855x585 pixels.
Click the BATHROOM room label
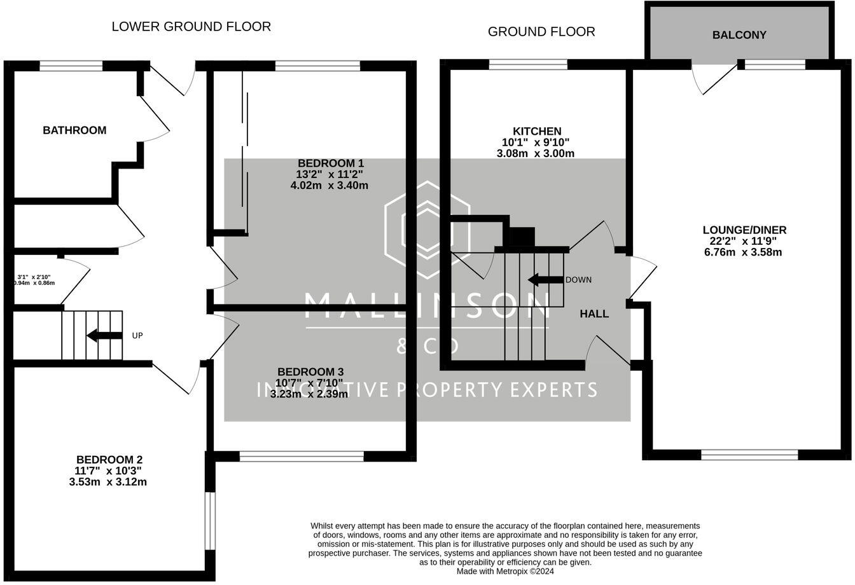74,130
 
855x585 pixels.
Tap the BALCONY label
739,35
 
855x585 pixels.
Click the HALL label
594,313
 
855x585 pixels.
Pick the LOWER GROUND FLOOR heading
191,27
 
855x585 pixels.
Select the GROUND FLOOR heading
541,32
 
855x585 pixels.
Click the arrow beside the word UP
104,335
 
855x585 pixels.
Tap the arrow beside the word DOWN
545,280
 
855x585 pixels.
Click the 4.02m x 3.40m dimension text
329,186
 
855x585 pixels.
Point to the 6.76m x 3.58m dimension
742,252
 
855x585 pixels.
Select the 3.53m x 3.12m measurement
108,482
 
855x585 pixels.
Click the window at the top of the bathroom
71,65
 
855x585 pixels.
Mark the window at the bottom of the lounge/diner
749,454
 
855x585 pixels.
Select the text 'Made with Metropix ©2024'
505,571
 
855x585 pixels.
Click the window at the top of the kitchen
528,64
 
